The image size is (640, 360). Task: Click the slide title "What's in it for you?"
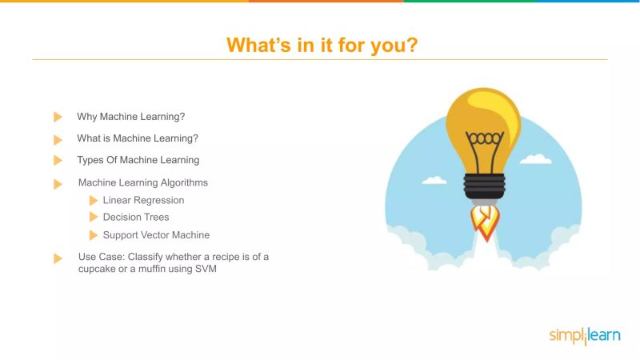[321, 44]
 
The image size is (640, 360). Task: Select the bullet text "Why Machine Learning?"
[131, 117]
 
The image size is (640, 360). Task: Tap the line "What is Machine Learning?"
[138, 138]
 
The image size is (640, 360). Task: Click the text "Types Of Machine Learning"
[138, 160]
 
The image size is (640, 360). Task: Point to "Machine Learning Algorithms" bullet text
[143, 182]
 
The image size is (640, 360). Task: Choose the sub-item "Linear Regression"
[144, 200]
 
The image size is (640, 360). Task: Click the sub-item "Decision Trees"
[136, 217]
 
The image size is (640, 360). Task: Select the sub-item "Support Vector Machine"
[157, 235]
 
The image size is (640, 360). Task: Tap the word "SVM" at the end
[206, 269]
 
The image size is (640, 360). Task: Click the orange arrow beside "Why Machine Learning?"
[58, 117]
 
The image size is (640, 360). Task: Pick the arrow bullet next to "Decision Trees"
[94, 217]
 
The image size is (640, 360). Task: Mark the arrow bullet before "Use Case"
[58, 258]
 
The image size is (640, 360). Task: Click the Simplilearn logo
[584, 336]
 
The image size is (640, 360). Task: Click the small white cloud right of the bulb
[536, 158]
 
